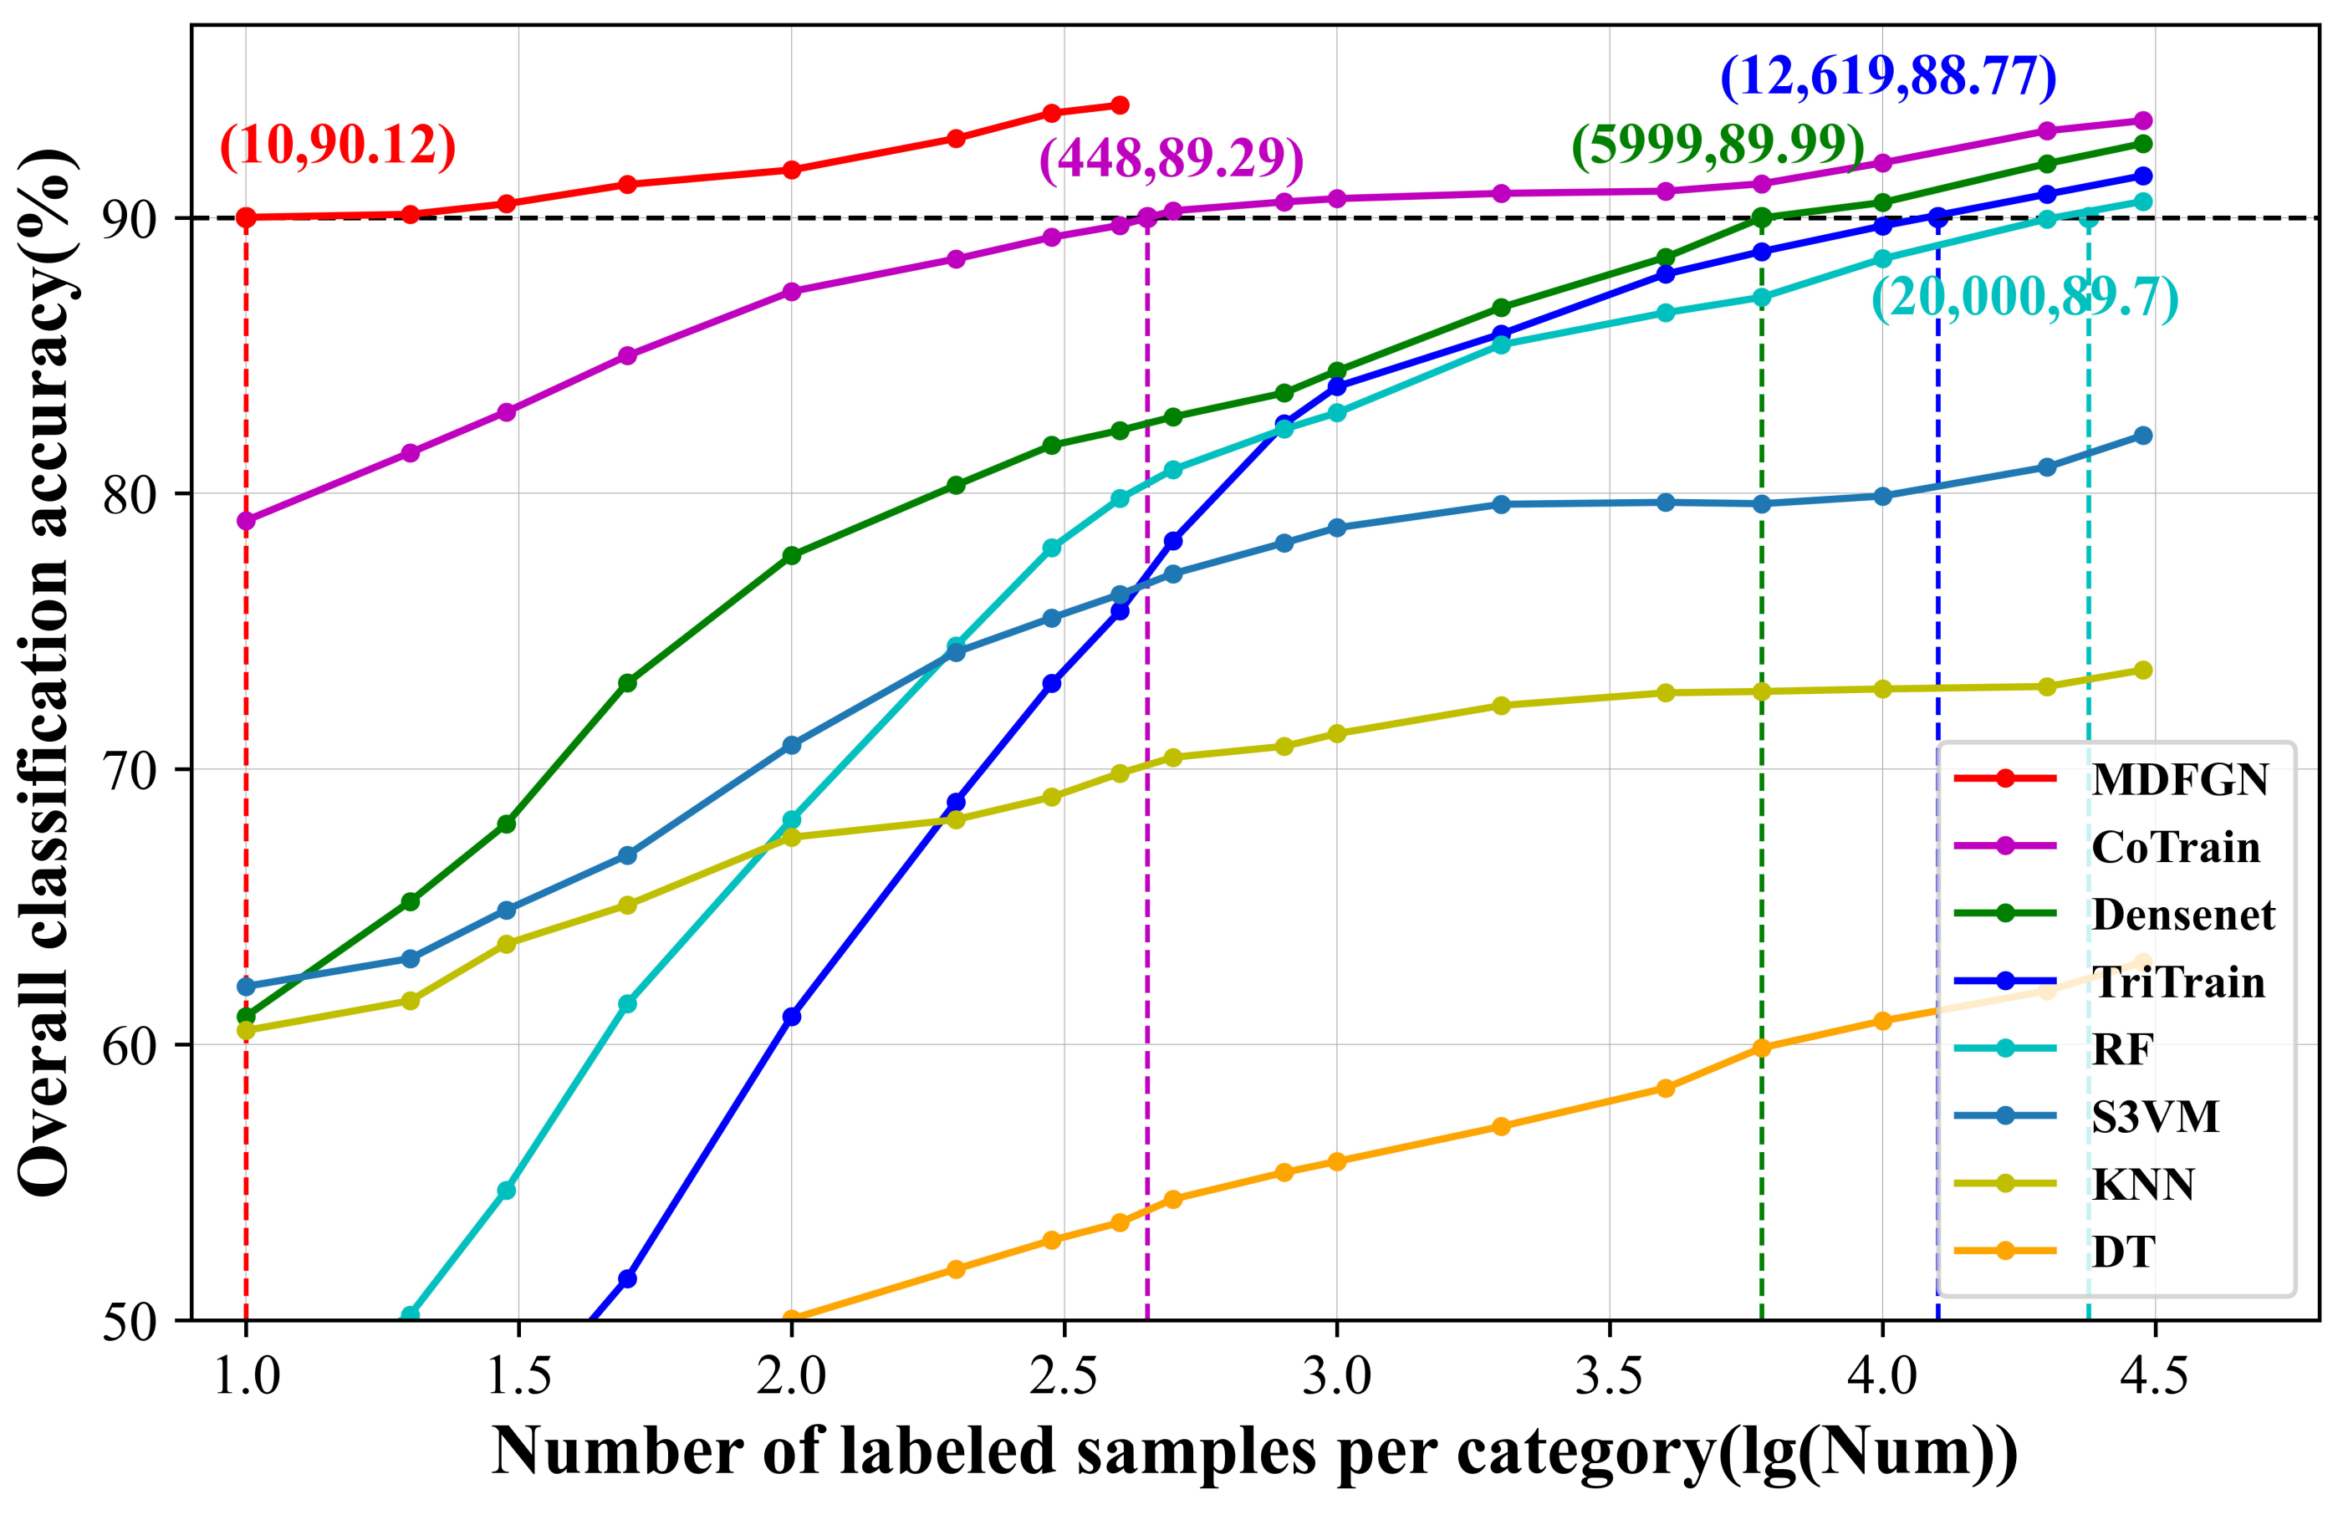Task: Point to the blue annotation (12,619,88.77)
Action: [1887, 77]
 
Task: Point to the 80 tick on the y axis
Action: [130, 494]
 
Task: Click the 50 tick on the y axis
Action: [130, 1321]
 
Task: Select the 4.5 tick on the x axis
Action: [2154, 1375]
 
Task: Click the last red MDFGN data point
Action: [1120, 105]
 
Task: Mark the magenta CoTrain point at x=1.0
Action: [246, 520]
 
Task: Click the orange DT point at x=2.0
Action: [792, 1319]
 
